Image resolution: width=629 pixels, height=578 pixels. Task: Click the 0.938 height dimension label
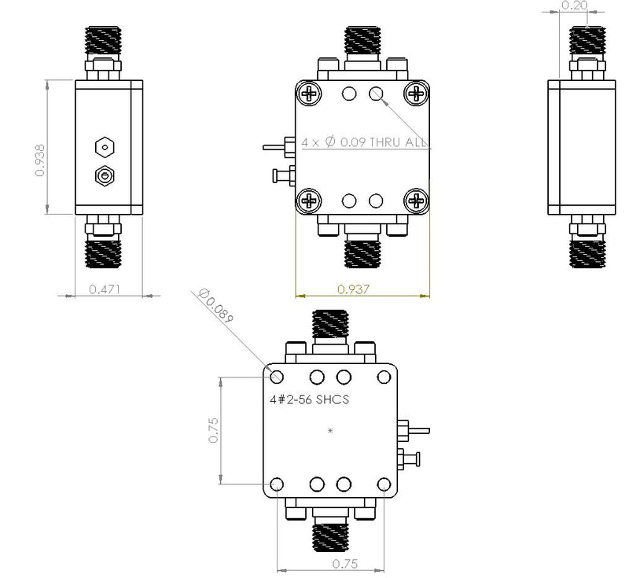coord(40,160)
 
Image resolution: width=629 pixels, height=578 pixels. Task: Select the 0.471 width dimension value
coord(105,289)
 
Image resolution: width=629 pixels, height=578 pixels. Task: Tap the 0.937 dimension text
coord(353,289)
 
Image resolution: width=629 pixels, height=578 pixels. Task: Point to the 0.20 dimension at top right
coord(575,6)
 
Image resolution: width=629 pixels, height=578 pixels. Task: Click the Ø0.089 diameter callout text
coord(215,306)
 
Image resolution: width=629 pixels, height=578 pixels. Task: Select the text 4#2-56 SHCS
coord(309,399)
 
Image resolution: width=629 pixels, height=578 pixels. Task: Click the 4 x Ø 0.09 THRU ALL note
coord(364,142)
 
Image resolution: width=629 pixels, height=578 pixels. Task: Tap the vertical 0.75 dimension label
coord(214,430)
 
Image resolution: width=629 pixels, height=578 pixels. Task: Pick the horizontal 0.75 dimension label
coord(345,564)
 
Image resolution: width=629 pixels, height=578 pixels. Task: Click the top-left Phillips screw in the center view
coord(309,94)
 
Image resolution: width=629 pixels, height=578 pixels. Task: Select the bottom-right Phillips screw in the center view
coord(417,201)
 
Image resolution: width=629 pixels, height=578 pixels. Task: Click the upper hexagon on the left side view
coord(105,147)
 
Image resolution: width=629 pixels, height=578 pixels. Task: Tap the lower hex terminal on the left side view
coord(105,176)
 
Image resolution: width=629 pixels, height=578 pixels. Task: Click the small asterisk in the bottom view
coord(330,431)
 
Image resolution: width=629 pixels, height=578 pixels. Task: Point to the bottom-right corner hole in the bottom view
coord(384,484)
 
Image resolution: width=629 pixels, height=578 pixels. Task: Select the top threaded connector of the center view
coord(362,42)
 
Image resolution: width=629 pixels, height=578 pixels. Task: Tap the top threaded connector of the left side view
coord(103,42)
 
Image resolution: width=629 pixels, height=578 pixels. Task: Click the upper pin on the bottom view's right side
coord(414,431)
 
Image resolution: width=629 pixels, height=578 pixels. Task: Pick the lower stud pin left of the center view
coord(283,175)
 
